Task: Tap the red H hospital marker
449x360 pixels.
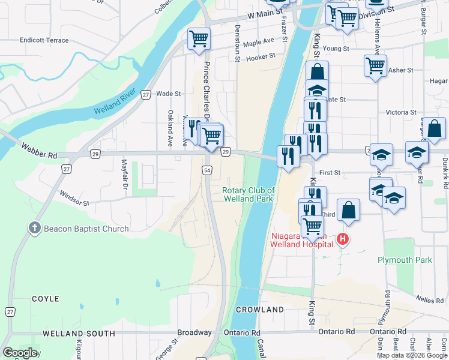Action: click(x=343, y=239)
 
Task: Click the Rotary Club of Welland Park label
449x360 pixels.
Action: click(x=249, y=194)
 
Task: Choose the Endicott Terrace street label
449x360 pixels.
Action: click(x=44, y=40)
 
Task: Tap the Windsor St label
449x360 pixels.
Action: click(x=74, y=199)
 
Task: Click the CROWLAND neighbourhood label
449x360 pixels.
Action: click(x=259, y=310)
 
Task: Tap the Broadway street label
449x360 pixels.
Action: click(x=194, y=332)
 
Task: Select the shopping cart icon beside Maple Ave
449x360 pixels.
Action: click(x=199, y=40)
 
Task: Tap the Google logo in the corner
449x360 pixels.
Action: click(x=19, y=353)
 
